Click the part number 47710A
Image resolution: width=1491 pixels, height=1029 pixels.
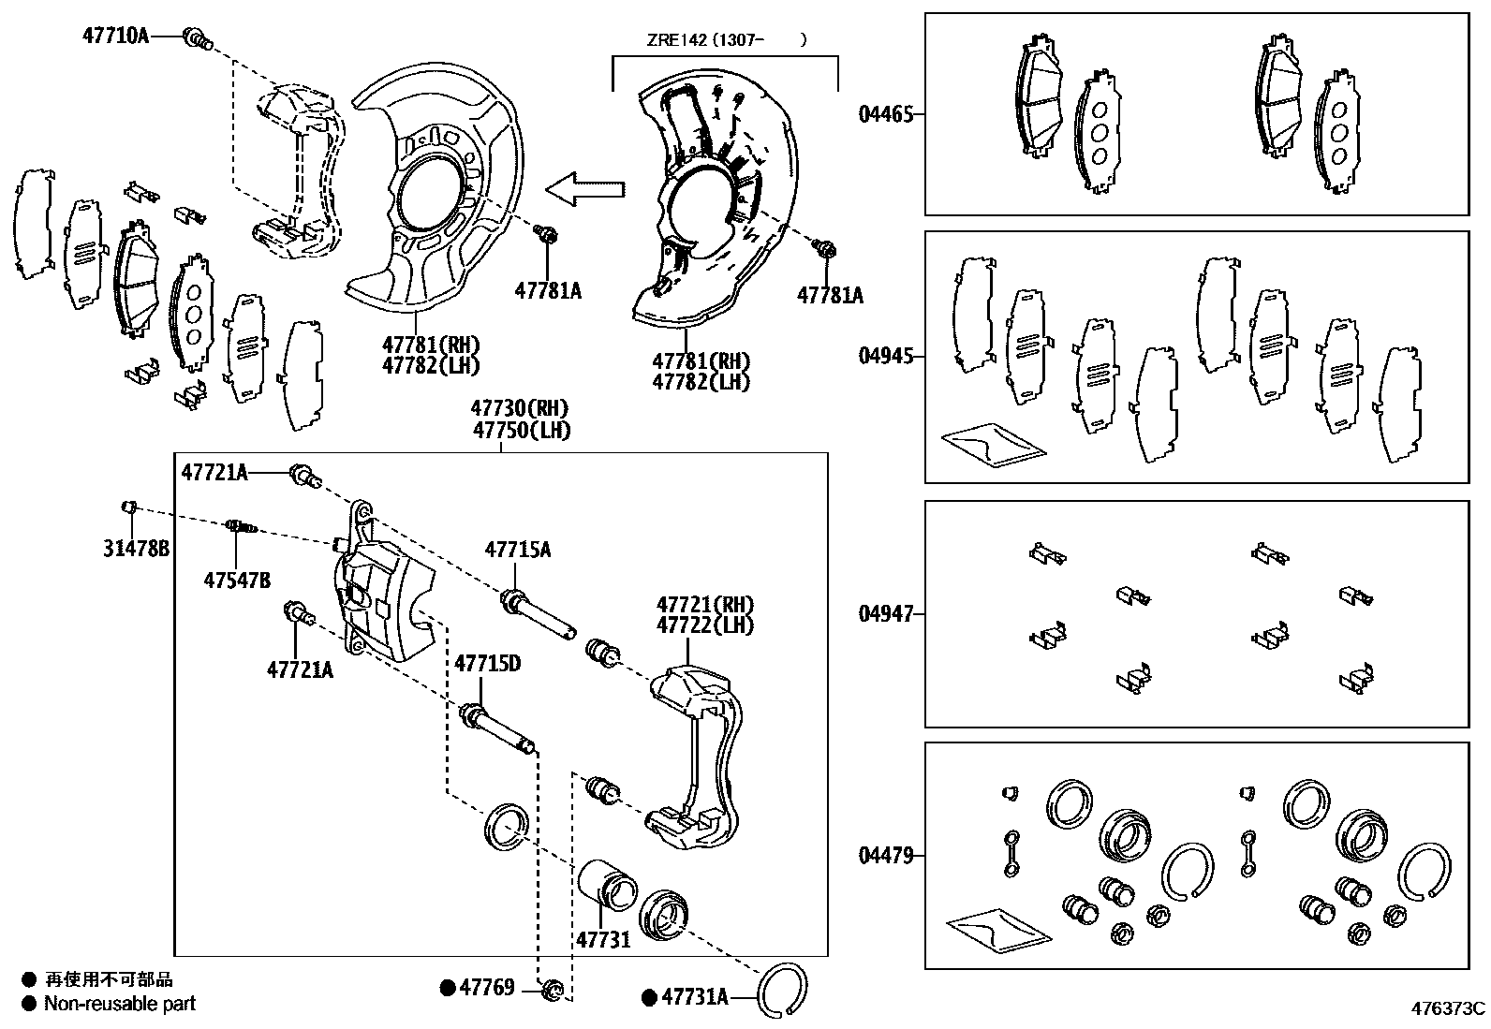115,37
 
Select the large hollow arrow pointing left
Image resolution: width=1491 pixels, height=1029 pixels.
584,189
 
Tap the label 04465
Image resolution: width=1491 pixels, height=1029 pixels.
885,115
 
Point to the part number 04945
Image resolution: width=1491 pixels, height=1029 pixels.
885,357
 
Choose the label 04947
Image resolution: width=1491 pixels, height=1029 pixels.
885,614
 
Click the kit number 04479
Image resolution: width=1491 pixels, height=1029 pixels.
885,855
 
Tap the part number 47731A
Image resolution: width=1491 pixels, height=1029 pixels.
694,997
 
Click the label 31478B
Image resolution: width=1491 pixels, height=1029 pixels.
136,549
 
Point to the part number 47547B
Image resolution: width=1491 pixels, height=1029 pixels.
237,581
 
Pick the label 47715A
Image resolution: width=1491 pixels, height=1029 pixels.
517,550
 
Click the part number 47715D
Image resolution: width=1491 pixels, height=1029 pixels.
487,664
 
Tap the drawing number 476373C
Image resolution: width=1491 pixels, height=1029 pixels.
1449,1008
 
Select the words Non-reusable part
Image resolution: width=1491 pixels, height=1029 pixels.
120,1004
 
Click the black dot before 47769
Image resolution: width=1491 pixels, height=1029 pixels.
448,988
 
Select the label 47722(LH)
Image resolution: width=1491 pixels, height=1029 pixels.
704,625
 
